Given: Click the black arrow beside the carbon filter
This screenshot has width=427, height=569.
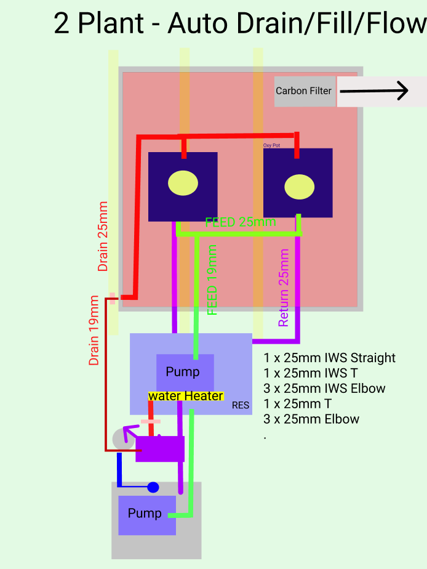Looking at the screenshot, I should [373, 92].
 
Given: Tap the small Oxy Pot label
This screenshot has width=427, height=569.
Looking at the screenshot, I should [271, 145].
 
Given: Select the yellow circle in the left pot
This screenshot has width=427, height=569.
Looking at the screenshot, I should [183, 183].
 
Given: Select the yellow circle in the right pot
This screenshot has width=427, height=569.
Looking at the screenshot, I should [300, 187].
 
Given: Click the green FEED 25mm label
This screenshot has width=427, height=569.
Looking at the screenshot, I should [241, 222].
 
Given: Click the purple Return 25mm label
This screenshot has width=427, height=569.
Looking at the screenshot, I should [284, 288].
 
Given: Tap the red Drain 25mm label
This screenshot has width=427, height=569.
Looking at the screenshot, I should [103, 236].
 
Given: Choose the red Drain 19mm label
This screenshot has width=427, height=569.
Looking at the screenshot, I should [94, 331].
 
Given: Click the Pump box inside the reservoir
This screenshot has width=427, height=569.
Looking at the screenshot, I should [183, 372].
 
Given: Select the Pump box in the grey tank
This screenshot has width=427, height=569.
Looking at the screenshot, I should [146, 514].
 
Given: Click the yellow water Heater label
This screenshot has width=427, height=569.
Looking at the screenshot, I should [186, 396].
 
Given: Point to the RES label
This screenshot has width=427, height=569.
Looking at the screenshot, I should [241, 405].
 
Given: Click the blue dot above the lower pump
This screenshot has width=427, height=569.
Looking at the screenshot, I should [153, 488].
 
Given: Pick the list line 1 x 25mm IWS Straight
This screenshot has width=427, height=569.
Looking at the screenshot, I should [329, 358].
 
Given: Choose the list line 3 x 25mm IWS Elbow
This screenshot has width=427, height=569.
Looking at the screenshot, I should [324, 389].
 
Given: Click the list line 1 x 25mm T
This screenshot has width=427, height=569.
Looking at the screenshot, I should [298, 404].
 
